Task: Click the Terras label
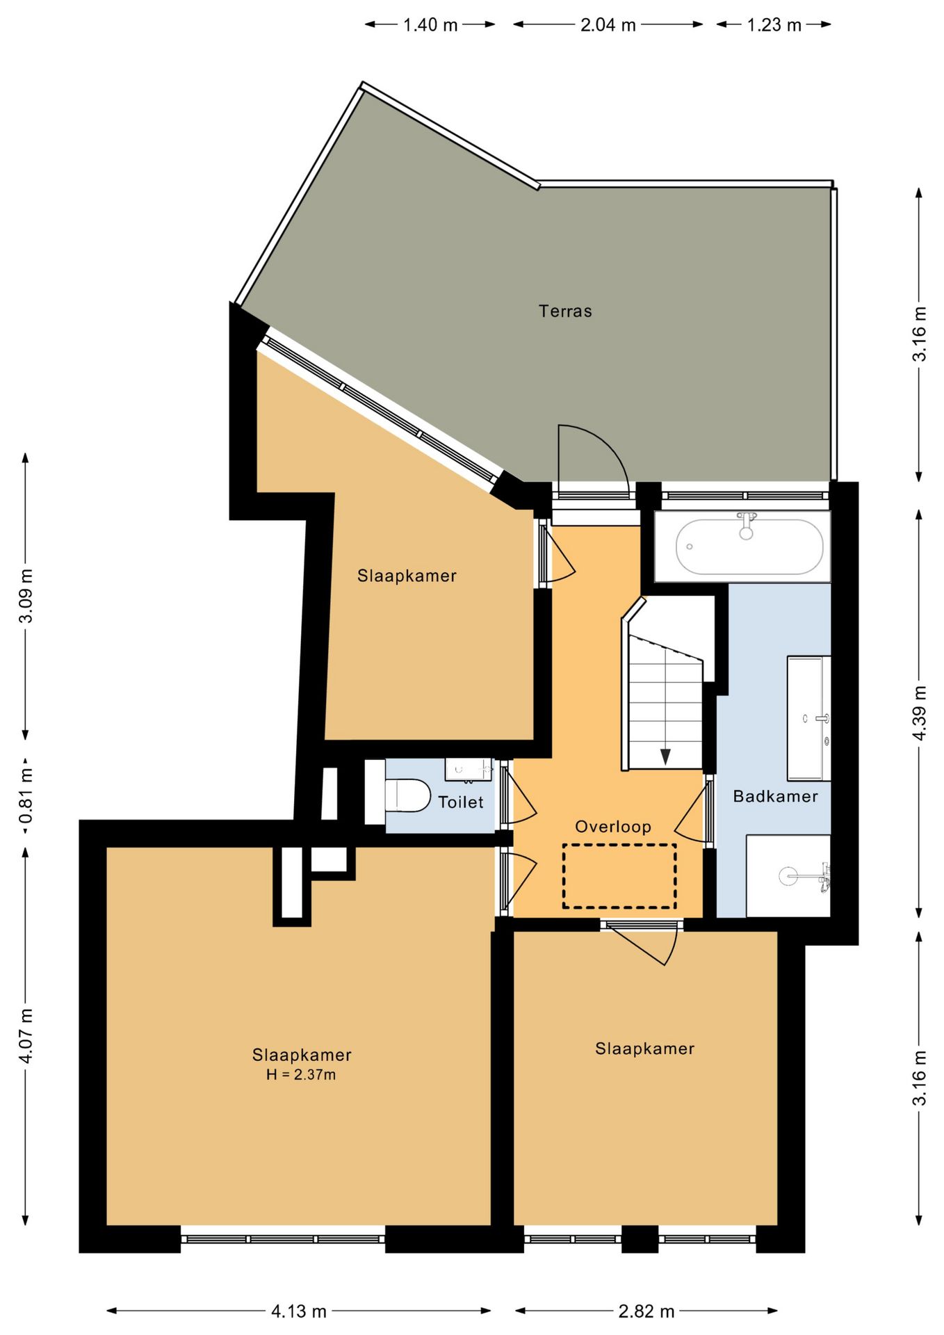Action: [565, 311]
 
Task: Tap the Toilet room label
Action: [460, 802]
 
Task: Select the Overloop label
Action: [612, 827]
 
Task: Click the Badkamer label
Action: [775, 796]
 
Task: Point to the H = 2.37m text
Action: [301, 1074]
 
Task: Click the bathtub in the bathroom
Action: [749, 547]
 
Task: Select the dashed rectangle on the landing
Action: [619, 876]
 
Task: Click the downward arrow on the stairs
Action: [665, 756]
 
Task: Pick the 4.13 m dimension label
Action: [299, 1311]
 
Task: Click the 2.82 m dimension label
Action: [646, 1311]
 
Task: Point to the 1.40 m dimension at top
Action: [430, 25]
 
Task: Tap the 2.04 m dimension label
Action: [608, 25]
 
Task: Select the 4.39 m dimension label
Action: [920, 713]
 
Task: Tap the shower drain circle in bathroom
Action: [788, 876]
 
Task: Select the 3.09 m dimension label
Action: [26, 596]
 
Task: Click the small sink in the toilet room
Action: [468, 768]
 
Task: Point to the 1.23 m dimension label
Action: [774, 25]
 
